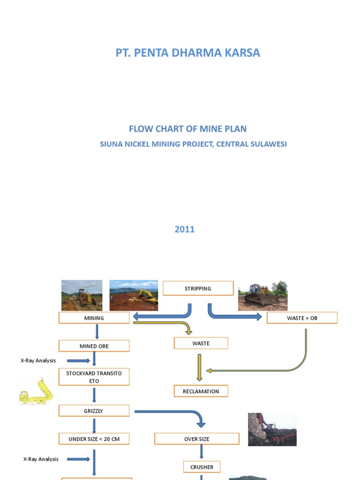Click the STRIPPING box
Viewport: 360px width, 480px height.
coord(198,288)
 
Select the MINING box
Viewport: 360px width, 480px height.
coord(94,318)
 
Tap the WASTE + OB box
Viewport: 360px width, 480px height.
coord(302,318)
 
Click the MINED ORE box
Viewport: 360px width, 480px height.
coord(94,346)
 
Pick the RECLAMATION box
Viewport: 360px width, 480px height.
coord(201,391)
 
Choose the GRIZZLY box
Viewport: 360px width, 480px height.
coord(94,411)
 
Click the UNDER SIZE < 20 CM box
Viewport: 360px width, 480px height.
coord(94,439)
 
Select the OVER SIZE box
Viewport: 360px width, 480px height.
coord(197,439)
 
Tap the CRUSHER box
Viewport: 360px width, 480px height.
coord(202,467)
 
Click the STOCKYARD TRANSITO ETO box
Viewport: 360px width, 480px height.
coord(94,377)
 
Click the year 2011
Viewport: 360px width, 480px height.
coord(184,229)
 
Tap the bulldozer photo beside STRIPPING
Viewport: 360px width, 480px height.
coord(262,296)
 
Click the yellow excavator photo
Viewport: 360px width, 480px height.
coord(134,295)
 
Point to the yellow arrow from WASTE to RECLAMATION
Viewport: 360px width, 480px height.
coord(200,367)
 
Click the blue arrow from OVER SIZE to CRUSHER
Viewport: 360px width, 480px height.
coord(202,451)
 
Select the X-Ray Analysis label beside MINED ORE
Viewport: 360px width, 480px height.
coord(38,360)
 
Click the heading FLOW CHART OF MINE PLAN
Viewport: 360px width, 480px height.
coord(187,129)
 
